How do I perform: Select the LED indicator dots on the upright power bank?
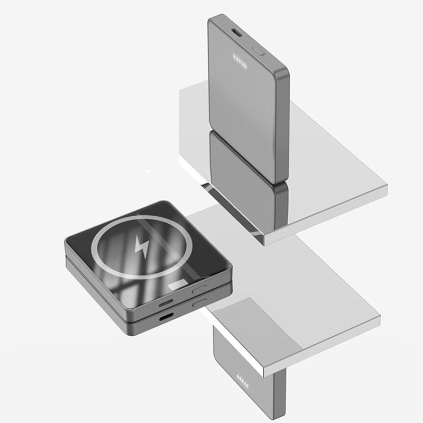240,59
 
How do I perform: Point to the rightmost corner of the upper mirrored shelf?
387,186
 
